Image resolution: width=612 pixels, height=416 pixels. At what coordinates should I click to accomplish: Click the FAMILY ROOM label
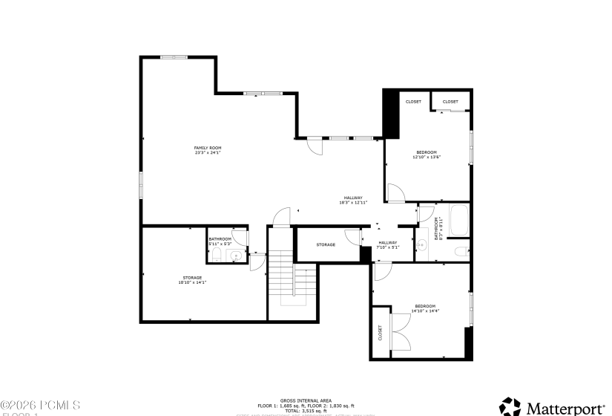208,148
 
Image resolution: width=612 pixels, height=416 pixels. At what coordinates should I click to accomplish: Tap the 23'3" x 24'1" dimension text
208,153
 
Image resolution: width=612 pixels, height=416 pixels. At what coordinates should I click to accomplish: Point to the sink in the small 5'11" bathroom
236,256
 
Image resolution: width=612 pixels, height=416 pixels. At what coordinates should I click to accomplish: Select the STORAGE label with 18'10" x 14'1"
192,278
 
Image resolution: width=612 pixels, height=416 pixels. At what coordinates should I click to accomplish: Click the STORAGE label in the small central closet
326,244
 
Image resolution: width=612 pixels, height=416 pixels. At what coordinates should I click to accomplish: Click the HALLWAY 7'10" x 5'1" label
388,244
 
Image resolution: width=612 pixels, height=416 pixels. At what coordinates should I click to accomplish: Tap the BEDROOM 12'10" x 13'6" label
427,155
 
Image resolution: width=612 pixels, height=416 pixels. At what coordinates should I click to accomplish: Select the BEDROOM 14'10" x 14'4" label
425,308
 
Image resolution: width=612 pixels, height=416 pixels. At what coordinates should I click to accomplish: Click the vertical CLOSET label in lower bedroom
380,332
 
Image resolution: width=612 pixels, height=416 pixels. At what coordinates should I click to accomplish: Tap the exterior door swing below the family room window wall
316,146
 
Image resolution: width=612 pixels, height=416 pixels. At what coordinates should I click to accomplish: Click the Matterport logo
552,407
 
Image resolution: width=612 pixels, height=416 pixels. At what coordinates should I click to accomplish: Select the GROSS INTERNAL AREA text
306,399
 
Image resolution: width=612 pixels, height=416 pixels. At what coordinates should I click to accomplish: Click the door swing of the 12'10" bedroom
395,194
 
